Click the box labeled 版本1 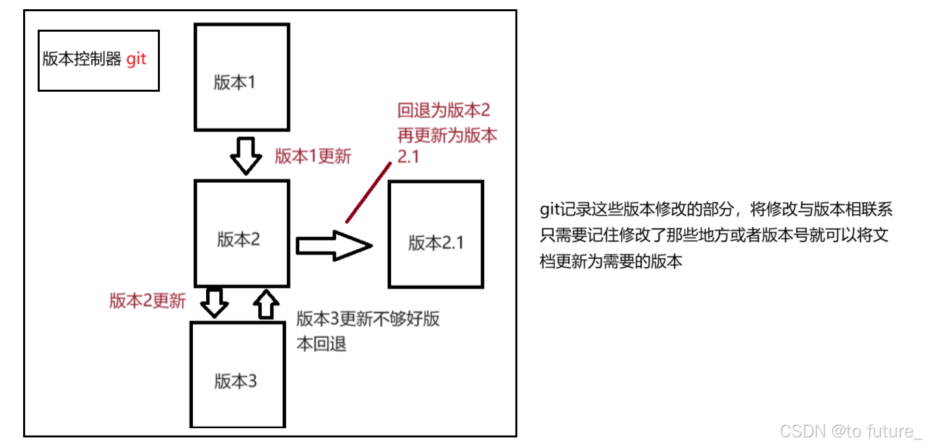coord(242,77)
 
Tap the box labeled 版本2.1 coord(435,234)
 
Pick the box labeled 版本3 coord(239,373)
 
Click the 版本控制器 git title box coord(98,60)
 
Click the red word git coord(136,59)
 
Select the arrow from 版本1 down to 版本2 coord(245,155)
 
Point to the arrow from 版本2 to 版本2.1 coord(333,245)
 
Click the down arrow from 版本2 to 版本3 coord(214,302)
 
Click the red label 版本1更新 coord(313,156)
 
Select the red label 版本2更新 coord(147,301)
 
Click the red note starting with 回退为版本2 coord(447,135)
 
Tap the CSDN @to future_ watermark coord(850,431)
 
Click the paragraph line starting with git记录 coord(716,210)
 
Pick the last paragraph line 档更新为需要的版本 coord(610,261)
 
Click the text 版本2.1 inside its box coord(436,243)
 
